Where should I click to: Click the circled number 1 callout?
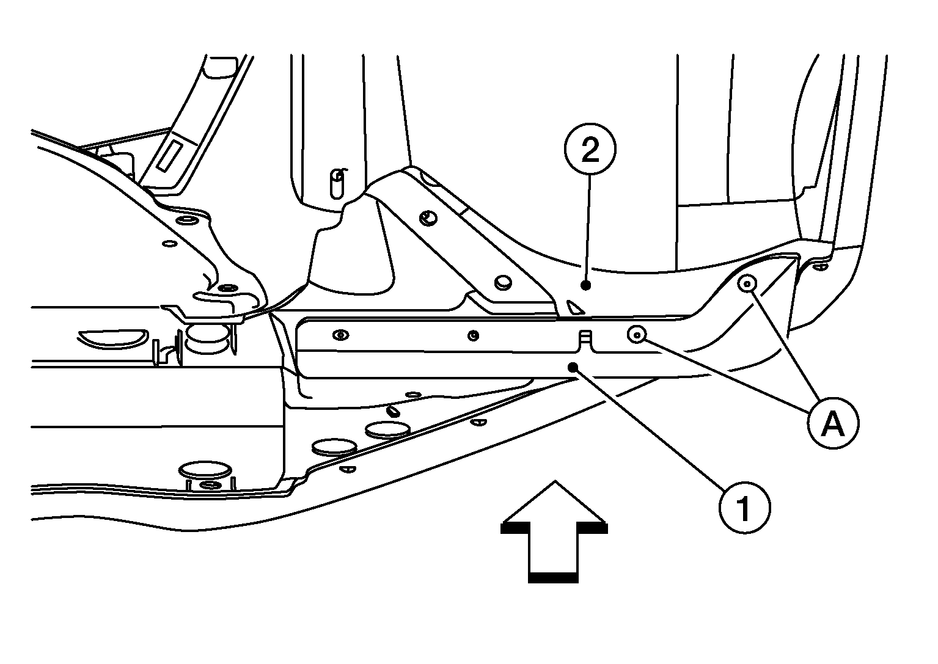coord(744,508)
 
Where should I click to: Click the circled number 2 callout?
coord(590,149)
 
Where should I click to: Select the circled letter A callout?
coord(834,423)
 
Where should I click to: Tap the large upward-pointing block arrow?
coord(554,531)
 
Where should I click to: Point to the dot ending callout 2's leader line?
coord(586,285)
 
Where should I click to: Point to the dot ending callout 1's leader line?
coord(573,368)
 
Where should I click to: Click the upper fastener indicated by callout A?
coord(747,284)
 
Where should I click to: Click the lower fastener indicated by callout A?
coord(637,335)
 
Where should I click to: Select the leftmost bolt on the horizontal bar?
coord(341,335)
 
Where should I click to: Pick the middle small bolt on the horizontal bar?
coord(474,335)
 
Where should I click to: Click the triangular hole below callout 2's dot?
coord(574,307)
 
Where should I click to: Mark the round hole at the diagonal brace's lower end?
coord(504,283)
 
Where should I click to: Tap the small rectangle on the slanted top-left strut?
coord(170,156)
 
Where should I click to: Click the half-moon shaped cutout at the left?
coord(113,338)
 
